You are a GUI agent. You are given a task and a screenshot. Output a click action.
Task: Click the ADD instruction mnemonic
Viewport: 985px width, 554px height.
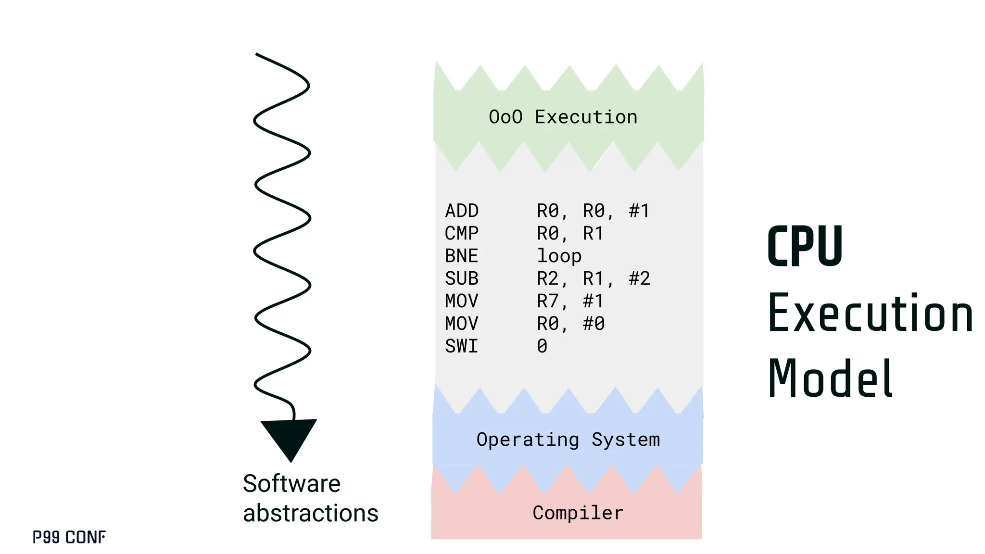point(462,211)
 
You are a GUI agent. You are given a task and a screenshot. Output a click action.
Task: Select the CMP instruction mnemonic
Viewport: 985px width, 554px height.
point(462,234)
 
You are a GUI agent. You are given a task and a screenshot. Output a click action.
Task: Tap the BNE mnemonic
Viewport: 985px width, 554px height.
point(462,256)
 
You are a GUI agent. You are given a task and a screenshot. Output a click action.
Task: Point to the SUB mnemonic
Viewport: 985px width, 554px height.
point(462,279)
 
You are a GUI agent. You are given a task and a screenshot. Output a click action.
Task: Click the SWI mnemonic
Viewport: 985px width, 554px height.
point(462,346)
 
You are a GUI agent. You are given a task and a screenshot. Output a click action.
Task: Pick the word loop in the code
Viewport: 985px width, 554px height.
point(559,256)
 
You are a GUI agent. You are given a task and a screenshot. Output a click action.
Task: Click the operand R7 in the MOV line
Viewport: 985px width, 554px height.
point(548,302)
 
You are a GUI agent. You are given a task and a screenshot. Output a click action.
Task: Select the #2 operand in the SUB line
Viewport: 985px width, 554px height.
point(640,279)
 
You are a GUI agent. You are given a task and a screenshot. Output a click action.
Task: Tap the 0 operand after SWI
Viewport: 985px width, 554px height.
point(542,346)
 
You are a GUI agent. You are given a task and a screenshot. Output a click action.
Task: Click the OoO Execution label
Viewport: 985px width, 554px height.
point(563,117)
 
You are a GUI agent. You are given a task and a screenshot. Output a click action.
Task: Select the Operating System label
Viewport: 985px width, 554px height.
point(568,440)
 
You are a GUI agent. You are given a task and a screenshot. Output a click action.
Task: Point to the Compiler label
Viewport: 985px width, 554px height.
point(578,513)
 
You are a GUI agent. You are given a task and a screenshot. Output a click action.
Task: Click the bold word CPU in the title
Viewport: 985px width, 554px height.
point(805,247)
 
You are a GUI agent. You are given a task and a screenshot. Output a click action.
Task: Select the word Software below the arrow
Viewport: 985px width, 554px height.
point(291,483)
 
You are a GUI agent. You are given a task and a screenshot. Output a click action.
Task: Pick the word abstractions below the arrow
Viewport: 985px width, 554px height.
point(311,513)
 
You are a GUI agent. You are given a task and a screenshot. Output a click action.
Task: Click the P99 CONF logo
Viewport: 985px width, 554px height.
point(69,537)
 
